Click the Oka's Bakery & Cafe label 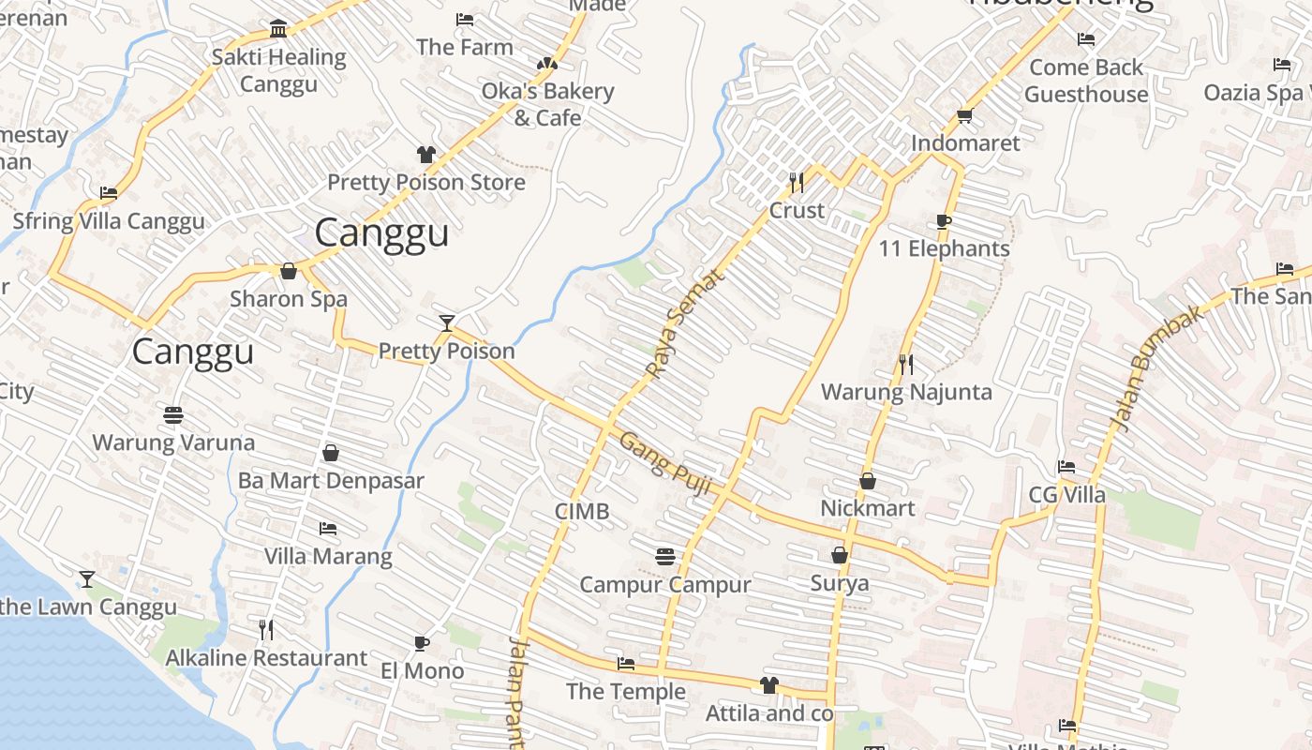coord(547,104)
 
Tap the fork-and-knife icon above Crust coord(797,182)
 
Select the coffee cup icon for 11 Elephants coord(944,222)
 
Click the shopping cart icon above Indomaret coord(965,116)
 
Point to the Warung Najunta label coord(905,392)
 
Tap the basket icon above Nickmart coord(868,481)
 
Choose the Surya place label coord(839,583)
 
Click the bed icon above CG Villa coord(1066,467)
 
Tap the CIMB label coord(582,511)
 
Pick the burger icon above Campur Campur coord(664,557)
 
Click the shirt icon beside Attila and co coord(769,685)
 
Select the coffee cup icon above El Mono coord(422,643)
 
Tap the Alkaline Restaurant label coord(266,658)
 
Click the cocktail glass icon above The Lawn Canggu coord(87,579)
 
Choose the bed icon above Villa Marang coord(327,529)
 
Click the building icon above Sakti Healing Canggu coord(278,29)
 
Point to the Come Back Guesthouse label coord(1085,81)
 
